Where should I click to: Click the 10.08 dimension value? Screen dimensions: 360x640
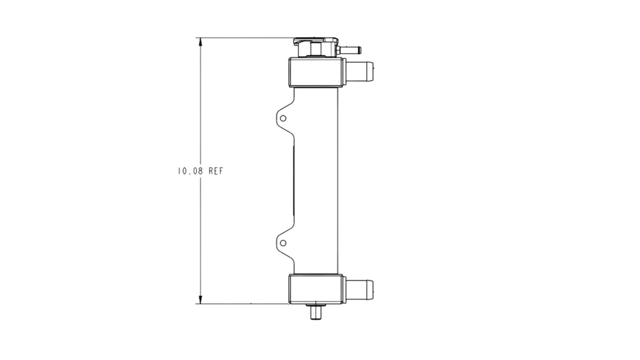[191, 171]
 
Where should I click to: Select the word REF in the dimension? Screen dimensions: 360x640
[215, 171]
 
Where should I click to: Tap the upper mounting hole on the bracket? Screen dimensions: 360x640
[283, 118]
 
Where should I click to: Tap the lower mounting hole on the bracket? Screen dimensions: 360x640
[283, 243]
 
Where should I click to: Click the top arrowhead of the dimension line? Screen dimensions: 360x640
[199, 42]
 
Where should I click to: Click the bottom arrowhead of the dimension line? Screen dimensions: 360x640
[199, 299]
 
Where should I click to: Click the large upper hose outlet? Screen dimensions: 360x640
[361, 70]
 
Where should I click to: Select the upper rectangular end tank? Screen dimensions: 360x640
[315, 72]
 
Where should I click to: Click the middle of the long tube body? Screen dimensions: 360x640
[315, 180]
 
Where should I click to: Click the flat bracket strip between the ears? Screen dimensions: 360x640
[294, 180]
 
